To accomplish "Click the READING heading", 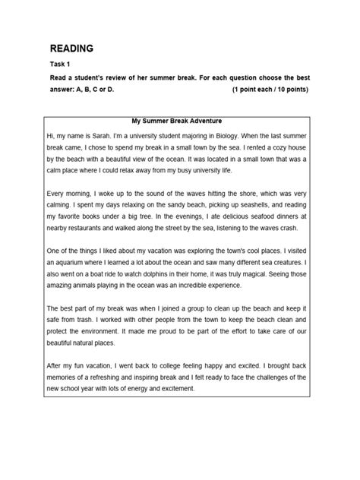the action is point(71,49).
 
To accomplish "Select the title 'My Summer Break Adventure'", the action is point(180,121).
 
